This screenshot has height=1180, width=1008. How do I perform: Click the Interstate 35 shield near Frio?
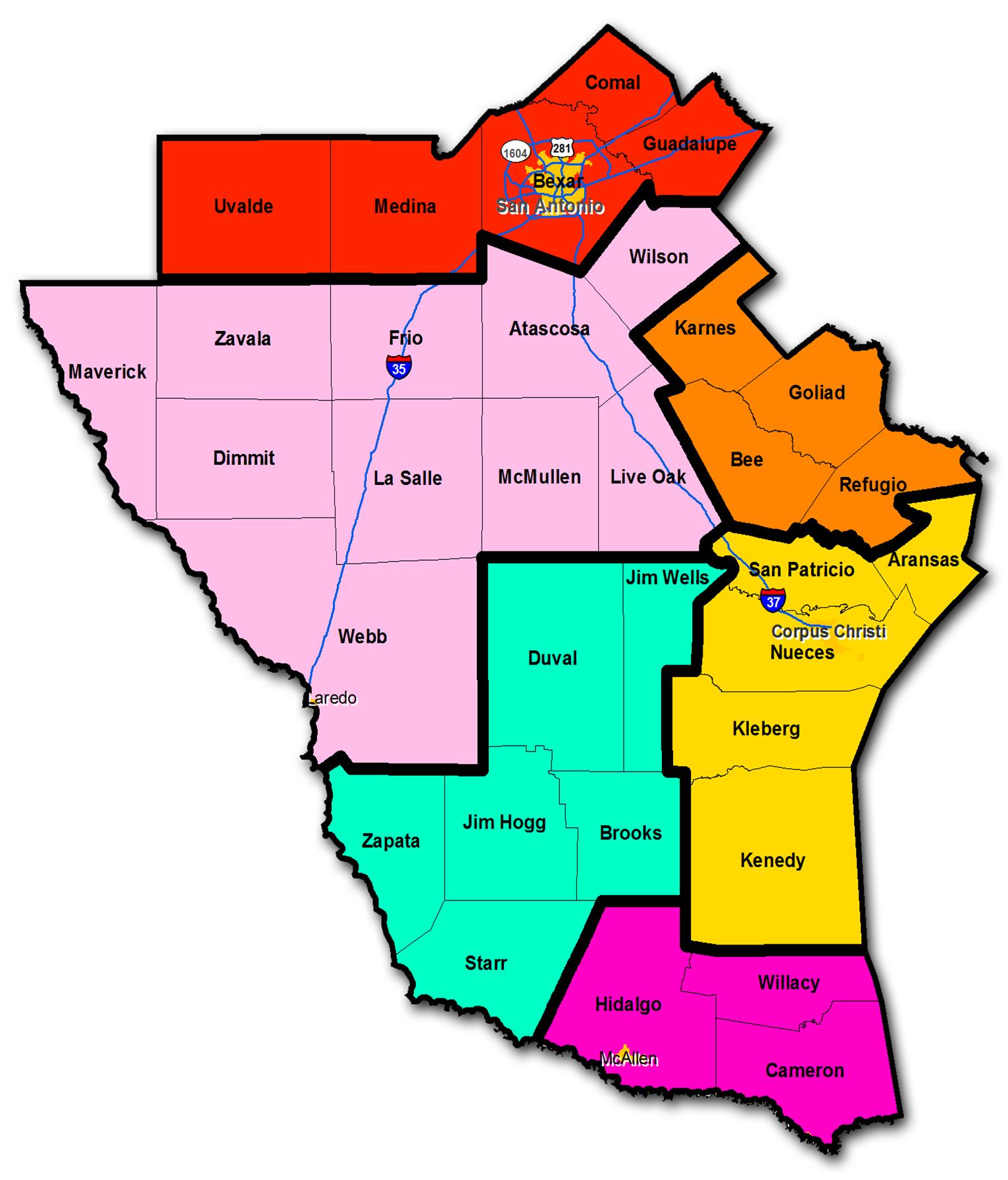point(399,367)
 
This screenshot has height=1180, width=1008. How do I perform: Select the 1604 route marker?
point(515,153)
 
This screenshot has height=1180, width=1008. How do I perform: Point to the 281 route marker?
point(561,147)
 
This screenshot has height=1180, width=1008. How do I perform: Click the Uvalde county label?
point(243,206)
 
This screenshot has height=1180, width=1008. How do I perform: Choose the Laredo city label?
point(333,698)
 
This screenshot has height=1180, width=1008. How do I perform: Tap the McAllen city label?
point(629,1059)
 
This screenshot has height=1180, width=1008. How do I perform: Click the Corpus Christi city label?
point(828,631)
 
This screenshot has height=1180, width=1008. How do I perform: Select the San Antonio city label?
point(550,207)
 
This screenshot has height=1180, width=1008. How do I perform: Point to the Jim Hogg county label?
point(504,822)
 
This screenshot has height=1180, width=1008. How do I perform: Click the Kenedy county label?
point(772,860)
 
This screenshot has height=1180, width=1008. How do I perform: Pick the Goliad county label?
point(817,393)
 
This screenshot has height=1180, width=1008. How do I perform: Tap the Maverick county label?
point(107,372)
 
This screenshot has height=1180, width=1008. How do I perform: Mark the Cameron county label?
point(805,1070)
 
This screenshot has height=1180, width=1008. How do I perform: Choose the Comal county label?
point(613,83)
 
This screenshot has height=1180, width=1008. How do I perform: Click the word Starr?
point(486,963)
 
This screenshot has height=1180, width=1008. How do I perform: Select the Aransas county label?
point(923,559)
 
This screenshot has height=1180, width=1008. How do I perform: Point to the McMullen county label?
point(539,476)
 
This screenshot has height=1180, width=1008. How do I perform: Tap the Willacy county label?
point(788,983)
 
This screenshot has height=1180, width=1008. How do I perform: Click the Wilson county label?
point(659,257)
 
